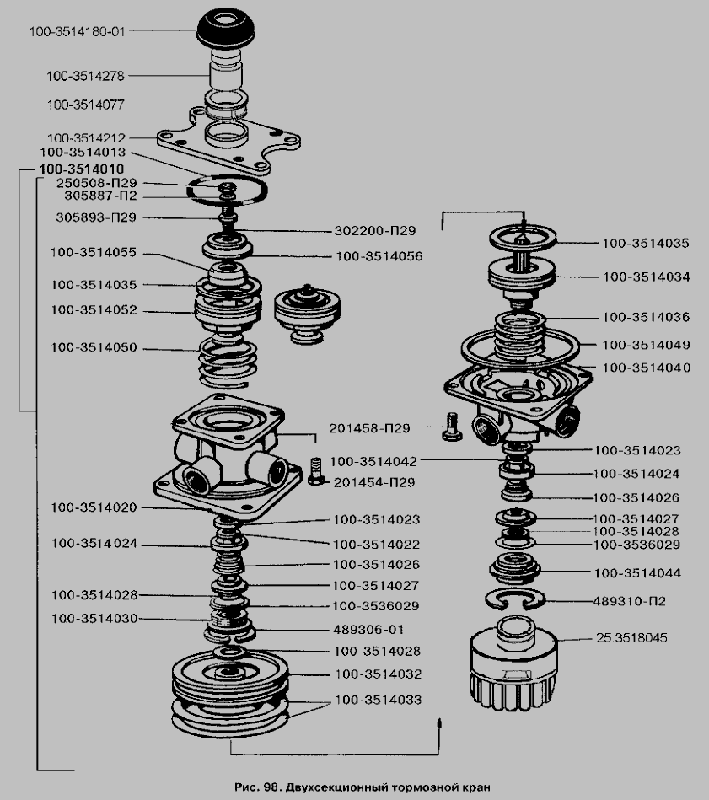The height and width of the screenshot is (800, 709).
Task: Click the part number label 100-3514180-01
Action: click(76, 32)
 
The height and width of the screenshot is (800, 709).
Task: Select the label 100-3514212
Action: click(86, 137)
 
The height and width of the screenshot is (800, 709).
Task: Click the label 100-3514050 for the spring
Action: click(93, 347)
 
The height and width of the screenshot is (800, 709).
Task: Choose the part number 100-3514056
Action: click(379, 255)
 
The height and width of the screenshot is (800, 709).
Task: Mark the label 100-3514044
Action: click(637, 573)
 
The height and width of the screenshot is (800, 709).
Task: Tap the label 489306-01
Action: click(369, 629)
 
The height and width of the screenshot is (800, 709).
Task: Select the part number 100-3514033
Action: click(378, 700)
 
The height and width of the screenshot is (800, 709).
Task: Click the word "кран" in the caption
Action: click(474, 787)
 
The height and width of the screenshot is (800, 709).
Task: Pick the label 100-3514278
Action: click(86, 76)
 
